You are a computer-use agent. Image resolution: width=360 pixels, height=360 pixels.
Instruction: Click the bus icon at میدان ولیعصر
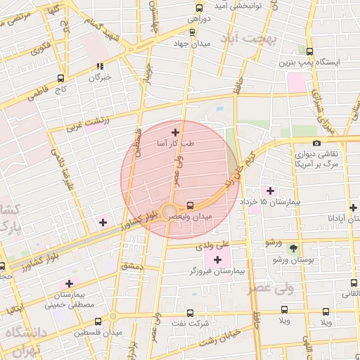click(x=190, y=205)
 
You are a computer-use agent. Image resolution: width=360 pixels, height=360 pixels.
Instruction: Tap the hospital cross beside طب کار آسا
click(x=175, y=131)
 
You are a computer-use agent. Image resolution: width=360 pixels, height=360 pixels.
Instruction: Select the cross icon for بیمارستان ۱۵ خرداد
click(x=271, y=191)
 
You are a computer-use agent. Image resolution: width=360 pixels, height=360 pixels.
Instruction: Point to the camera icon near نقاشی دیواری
click(x=316, y=143)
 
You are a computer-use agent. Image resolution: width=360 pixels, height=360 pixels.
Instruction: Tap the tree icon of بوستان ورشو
click(x=293, y=248)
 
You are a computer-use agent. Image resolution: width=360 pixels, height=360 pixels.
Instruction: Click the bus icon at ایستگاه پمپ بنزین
click(x=310, y=51)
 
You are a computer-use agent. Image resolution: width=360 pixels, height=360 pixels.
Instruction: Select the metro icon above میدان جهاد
click(x=192, y=32)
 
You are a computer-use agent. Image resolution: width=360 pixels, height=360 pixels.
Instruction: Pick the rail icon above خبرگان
click(x=100, y=67)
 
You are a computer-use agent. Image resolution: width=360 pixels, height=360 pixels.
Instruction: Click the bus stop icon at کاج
click(x=60, y=79)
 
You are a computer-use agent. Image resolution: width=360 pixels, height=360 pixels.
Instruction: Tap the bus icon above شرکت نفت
click(x=225, y=310)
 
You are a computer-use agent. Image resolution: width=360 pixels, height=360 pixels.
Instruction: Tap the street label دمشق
click(x=131, y=266)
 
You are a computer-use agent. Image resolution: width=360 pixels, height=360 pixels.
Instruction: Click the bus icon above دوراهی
click(x=199, y=8)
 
